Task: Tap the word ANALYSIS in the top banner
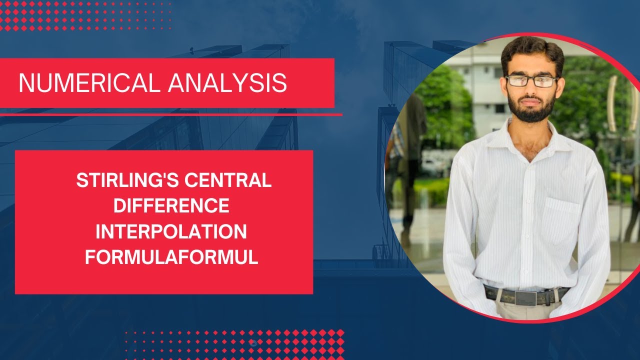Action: pos(227,83)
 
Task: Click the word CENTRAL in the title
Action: pos(228,180)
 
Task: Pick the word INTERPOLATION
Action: pos(171,232)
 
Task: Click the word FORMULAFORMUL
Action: pos(171,257)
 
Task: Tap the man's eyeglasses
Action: pos(531,80)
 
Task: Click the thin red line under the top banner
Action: pos(170,114)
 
